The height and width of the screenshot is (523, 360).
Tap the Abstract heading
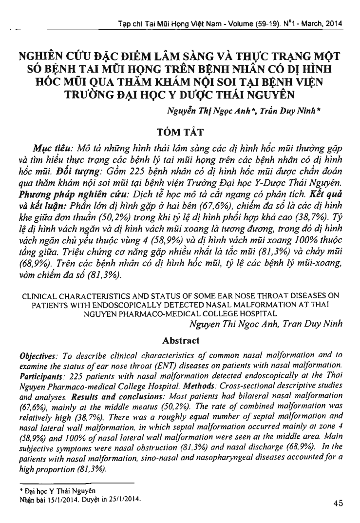(181, 340)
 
